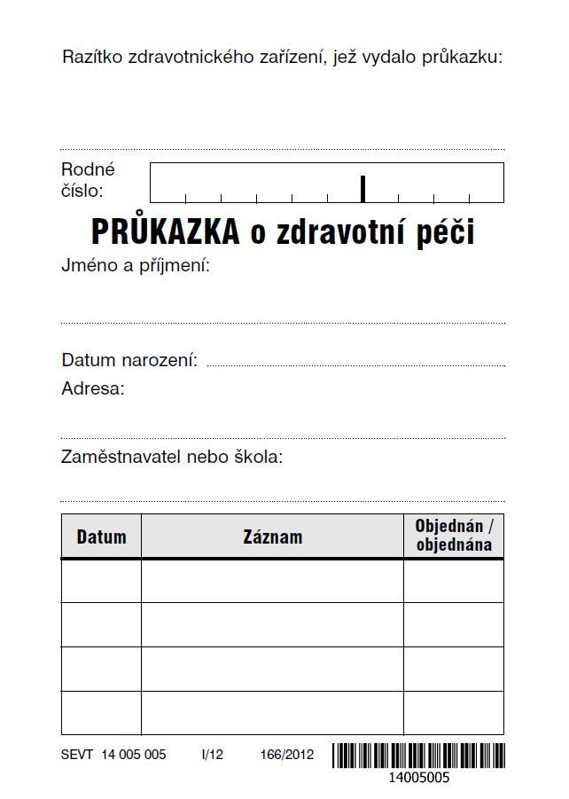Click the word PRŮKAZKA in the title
tap(165, 232)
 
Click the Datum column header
tap(101, 537)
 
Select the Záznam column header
tap(272, 537)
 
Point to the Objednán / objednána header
tap(453, 536)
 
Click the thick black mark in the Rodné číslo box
tap(362, 188)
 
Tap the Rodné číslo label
tap(88, 180)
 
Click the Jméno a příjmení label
tap(135, 265)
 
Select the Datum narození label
tap(129, 360)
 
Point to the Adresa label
tap(93, 388)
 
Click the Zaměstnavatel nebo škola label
tap(172, 458)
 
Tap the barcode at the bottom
tap(418, 756)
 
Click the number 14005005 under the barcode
tap(418, 779)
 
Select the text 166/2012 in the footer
tap(287, 756)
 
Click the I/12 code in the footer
tap(213, 756)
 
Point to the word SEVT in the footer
tap(77, 756)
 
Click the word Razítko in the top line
tap(92, 58)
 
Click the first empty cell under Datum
tap(101, 581)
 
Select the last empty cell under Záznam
tap(272, 713)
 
